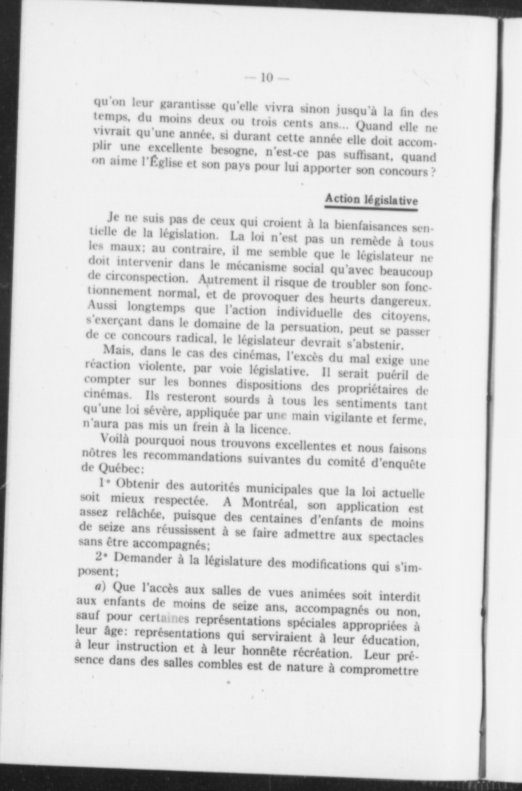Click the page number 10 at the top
[266, 77]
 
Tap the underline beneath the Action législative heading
[371, 209]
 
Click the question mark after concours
[433, 172]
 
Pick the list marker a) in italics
[100, 586]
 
